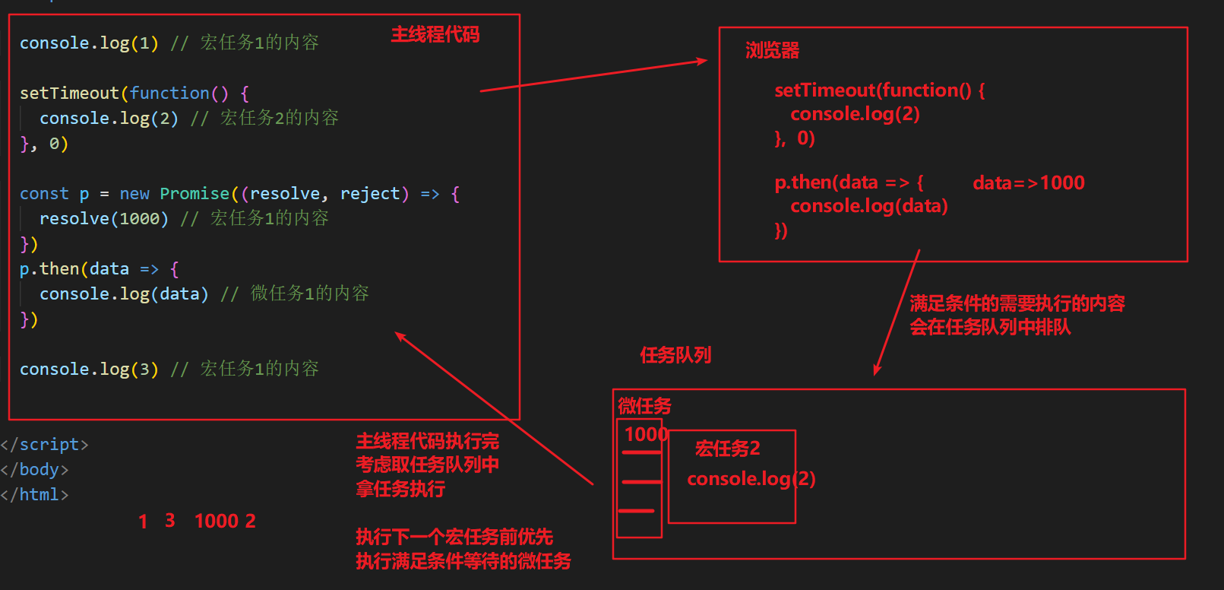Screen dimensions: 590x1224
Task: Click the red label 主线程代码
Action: click(435, 35)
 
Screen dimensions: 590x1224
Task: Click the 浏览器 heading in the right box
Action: click(772, 51)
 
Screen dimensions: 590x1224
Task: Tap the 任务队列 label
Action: click(675, 355)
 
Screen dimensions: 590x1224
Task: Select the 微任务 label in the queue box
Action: click(644, 406)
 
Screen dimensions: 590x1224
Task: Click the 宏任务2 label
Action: click(727, 449)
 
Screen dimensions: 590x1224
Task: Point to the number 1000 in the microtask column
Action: click(645, 434)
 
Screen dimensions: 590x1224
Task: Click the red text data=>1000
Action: click(1028, 183)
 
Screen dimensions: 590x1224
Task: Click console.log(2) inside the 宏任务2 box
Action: click(751, 479)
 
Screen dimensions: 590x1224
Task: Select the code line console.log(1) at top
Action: click(89, 43)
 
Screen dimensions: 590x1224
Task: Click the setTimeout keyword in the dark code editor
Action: click(69, 94)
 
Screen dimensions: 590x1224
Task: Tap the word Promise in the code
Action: click(195, 194)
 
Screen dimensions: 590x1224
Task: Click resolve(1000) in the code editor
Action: click(103, 219)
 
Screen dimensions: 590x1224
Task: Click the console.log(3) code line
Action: click(89, 370)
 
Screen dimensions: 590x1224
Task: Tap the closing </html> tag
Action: click(36, 495)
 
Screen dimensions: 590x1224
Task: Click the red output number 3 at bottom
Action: click(170, 521)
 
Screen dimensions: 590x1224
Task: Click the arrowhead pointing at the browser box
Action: click(702, 61)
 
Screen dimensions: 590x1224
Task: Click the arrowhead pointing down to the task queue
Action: click(878, 370)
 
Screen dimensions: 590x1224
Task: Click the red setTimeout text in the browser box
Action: click(825, 90)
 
